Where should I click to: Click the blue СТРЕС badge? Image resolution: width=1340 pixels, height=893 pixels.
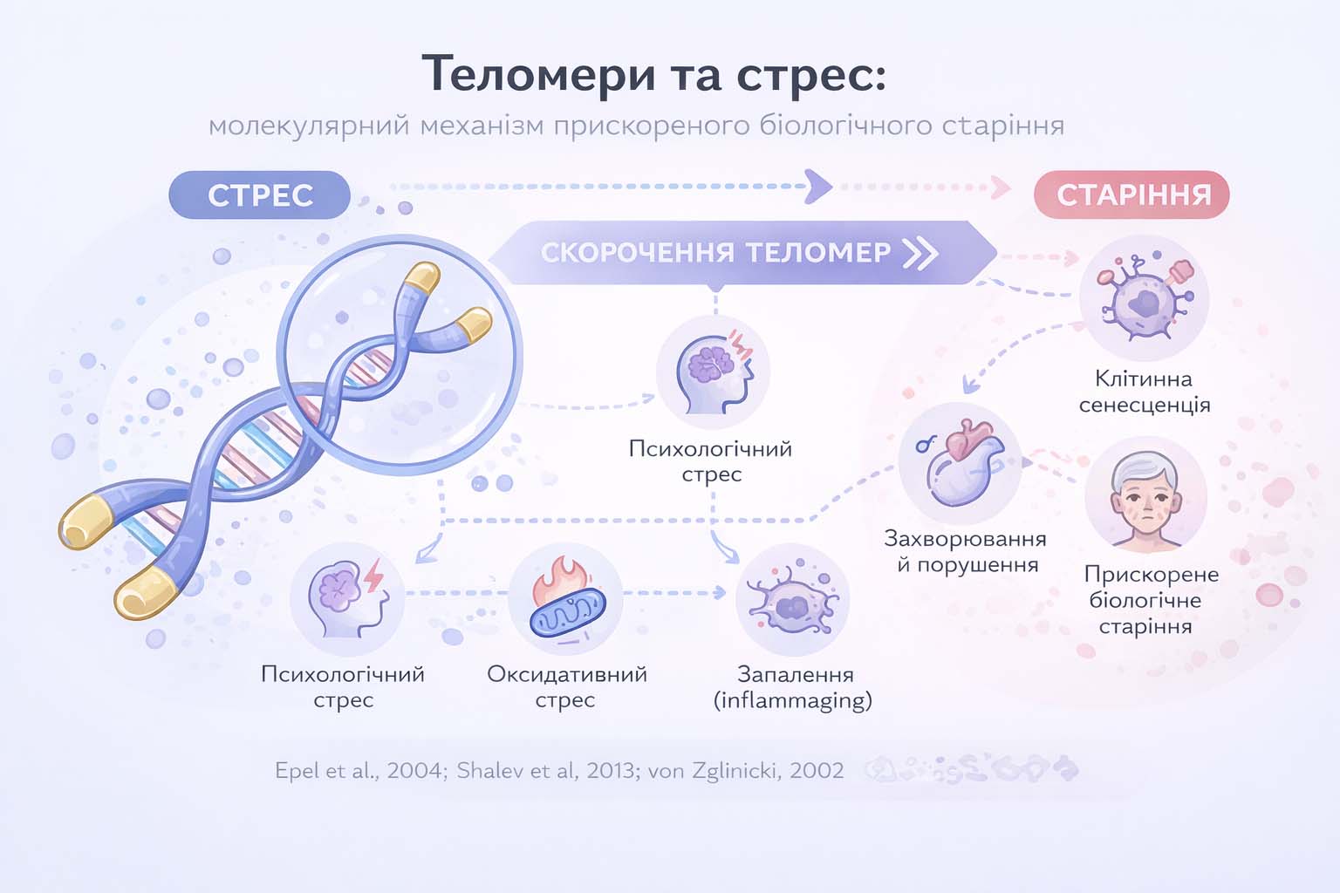pyautogui.click(x=260, y=194)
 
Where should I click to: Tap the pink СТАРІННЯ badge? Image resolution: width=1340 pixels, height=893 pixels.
pyautogui.click(x=1132, y=194)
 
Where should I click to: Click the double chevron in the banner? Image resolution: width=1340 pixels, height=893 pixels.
pyautogui.click(x=920, y=253)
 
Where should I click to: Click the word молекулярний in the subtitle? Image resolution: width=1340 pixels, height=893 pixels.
pyautogui.click(x=309, y=126)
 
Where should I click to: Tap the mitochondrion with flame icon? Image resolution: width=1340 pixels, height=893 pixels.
pyautogui.click(x=565, y=600)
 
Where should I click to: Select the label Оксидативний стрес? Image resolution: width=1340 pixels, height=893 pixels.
pyautogui.click(x=566, y=686)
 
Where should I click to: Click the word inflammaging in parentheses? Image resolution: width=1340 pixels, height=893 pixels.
pyautogui.click(x=793, y=700)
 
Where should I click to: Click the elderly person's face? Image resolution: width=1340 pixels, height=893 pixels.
pyautogui.click(x=1145, y=497)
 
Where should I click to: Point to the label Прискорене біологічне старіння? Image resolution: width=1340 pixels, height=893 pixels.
pyautogui.click(x=1150, y=600)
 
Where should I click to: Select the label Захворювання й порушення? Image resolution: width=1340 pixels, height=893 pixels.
pyautogui.click(x=966, y=551)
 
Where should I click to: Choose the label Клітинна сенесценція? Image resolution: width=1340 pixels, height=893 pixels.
pyautogui.click(x=1144, y=392)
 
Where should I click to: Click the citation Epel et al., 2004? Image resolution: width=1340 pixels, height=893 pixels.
pyautogui.click(x=359, y=771)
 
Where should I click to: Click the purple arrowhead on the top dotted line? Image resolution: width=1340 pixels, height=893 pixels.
pyautogui.click(x=818, y=186)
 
